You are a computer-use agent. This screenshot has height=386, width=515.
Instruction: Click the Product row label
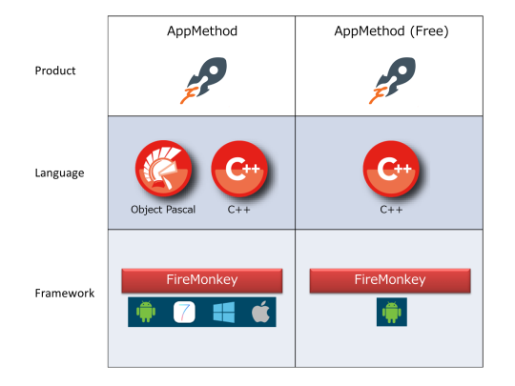(x=55, y=71)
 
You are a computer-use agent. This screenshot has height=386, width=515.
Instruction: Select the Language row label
(x=59, y=173)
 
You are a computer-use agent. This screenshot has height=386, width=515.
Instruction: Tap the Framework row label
(x=65, y=293)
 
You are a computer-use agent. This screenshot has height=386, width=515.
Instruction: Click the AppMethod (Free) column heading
(x=391, y=31)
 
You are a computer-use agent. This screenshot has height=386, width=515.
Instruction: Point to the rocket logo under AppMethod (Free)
(x=392, y=80)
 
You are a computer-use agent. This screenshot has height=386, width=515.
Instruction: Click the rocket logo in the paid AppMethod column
(x=203, y=80)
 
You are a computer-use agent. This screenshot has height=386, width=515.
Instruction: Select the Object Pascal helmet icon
(x=164, y=169)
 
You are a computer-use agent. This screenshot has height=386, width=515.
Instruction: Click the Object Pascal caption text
(x=163, y=210)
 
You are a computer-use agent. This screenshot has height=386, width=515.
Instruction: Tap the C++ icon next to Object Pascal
(x=239, y=169)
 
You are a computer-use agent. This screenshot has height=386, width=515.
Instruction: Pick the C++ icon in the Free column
(x=391, y=169)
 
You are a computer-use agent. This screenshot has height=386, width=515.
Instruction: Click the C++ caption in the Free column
(x=391, y=210)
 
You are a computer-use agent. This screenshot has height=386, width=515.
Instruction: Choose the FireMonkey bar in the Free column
(x=390, y=280)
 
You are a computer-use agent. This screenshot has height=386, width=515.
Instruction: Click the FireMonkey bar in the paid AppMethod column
(x=202, y=280)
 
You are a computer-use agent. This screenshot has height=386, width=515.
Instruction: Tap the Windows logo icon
(x=224, y=313)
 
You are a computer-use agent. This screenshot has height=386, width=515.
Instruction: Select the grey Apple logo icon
(x=260, y=312)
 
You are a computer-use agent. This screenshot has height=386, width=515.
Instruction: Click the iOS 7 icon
(x=184, y=312)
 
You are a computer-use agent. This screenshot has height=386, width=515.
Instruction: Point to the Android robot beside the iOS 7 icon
(x=146, y=312)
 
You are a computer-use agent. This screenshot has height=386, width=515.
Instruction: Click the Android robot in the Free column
(x=392, y=312)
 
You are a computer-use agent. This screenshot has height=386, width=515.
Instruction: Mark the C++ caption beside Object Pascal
(x=238, y=210)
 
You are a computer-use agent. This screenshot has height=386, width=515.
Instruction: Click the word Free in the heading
(x=429, y=31)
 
